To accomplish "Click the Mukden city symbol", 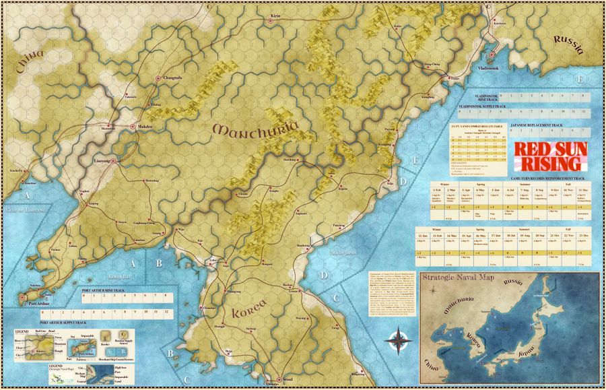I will click(x=132, y=126).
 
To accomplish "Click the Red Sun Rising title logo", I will click(x=549, y=156).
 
